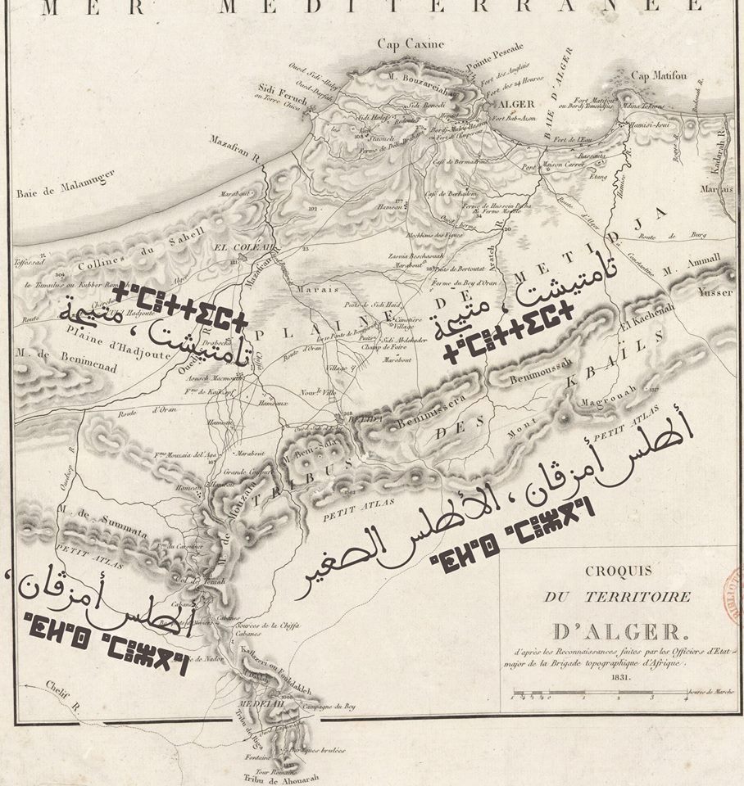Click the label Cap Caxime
pyautogui.click(x=411, y=43)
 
